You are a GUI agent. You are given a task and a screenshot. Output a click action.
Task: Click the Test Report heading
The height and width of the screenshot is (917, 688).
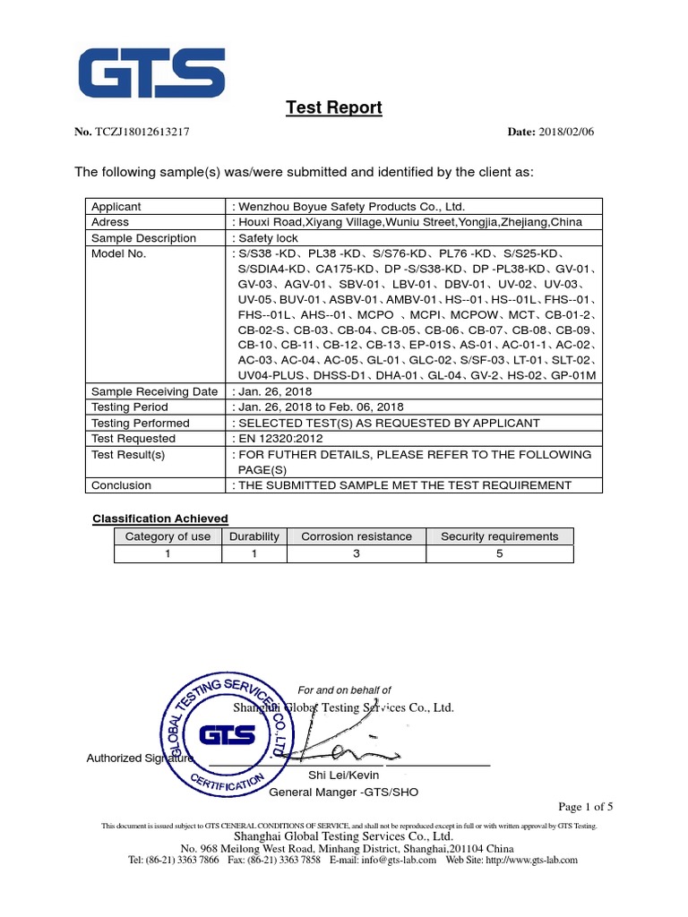tap(333, 108)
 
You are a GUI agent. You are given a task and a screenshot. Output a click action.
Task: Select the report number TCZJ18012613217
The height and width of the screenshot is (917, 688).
tap(142, 133)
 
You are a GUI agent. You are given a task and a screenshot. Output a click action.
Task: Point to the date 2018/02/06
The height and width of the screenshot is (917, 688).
tap(566, 133)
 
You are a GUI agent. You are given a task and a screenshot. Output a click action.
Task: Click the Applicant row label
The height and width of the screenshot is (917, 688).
tap(116, 206)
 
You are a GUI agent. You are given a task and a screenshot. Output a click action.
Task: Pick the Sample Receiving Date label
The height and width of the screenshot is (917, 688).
tap(154, 391)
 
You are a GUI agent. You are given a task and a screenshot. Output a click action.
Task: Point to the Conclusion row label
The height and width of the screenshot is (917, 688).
tap(122, 485)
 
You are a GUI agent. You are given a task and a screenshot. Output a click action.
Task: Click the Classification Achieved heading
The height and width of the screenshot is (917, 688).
tap(161, 518)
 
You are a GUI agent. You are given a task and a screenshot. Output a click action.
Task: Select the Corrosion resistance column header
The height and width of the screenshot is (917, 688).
tap(357, 536)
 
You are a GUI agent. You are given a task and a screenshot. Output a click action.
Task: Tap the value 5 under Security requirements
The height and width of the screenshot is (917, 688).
tap(499, 553)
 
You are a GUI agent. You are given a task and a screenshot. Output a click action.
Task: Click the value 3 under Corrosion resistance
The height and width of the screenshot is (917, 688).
tap(357, 553)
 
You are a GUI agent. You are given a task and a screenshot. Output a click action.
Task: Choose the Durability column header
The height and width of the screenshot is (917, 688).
tap(254, 536)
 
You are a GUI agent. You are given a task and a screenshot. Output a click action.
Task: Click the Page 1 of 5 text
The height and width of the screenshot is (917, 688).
tap(586, 806)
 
